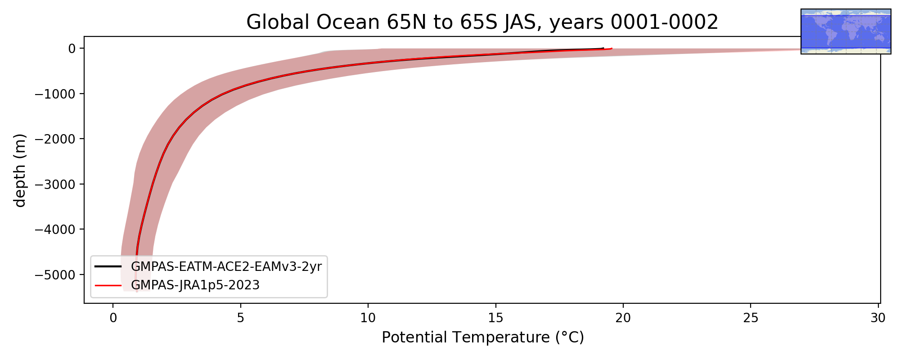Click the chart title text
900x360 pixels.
point(482,22)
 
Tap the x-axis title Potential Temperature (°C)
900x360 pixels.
point(482,337)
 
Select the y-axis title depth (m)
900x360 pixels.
point(20,170)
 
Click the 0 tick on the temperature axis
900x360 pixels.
point(113,318)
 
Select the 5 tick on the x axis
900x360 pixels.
point(241,318)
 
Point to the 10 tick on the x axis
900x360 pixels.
point(368,318)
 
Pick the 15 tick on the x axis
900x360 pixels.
point(495,318)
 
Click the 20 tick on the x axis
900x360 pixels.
point(623,318)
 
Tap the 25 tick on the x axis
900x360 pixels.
point(751,318)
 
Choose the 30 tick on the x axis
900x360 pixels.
point(878,318)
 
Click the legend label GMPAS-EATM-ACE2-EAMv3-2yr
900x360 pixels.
point(226,267)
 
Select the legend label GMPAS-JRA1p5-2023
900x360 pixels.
point(195,285)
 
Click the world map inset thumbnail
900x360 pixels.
point(846,31)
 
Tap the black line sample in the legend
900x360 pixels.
point(108,266)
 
